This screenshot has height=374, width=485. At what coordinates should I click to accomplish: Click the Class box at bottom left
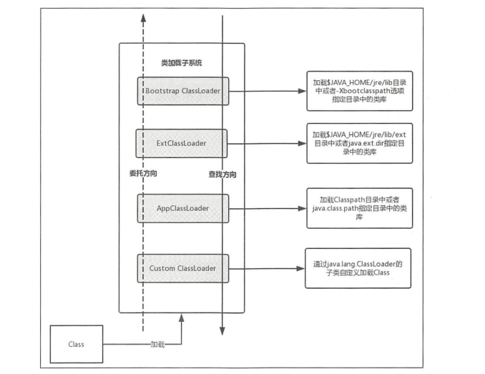click(x=77, y=344)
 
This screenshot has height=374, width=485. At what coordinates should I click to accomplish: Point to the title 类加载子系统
click(x=181, y=63)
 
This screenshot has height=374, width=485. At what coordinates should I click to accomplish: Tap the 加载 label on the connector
click(x=157, y=344)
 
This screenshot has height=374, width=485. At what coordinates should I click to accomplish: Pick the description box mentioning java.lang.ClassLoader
click(x=358, y=269)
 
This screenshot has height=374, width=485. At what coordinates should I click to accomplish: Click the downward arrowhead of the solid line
click(x=222, y=330)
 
